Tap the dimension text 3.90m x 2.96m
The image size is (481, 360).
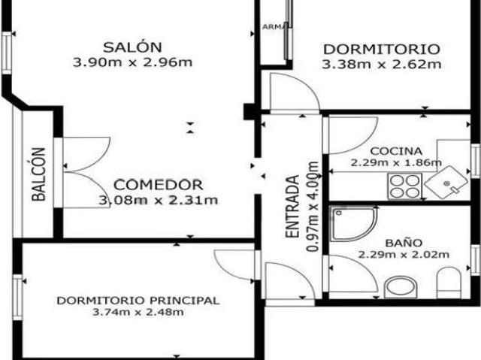click(x=132, y=62)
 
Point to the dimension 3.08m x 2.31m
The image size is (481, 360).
click(x=159, y=200)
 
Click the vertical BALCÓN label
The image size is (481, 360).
click(x=39, y=175)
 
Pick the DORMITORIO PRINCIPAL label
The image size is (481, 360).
click(x=138, y=301)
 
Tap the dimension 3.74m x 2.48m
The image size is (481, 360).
click(x=138, y=313)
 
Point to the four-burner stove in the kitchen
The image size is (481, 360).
click(x=404, y=183)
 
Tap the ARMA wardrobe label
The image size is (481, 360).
click(x=271, y=28)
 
